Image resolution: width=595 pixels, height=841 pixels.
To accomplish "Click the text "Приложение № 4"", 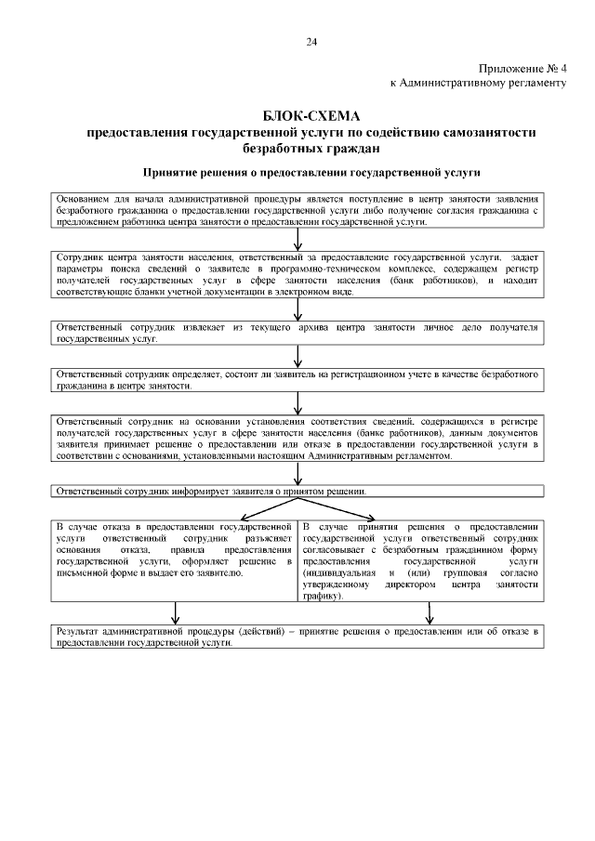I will [522, 70].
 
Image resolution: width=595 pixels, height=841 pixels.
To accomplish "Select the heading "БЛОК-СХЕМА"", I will [311, 116].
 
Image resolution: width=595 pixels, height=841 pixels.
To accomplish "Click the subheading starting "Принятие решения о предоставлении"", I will [311, 172].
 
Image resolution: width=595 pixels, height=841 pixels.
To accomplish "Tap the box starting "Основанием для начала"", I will [297, 211].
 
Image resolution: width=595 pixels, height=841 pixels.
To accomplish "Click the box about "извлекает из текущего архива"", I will [297, 334].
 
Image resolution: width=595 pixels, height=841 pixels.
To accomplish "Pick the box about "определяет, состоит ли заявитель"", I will [297, 379].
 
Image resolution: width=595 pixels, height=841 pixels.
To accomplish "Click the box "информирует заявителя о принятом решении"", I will [297, 491].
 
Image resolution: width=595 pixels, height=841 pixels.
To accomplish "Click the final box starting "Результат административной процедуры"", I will [297, 637].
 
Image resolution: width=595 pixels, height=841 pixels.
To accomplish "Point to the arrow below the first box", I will [297, 241].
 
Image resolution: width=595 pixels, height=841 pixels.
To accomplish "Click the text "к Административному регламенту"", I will [478, 83].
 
